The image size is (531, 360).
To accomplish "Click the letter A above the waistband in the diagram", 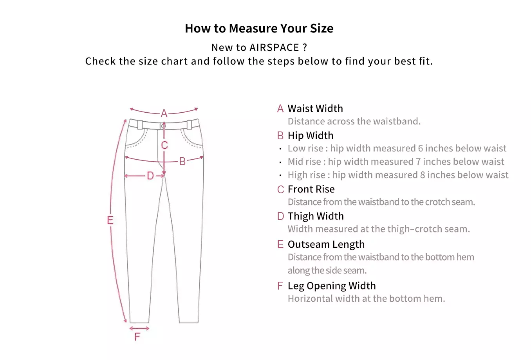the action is coord(164,113).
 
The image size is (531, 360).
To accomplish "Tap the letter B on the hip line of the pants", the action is coord(182,162).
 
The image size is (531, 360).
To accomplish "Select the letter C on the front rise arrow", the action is coord(164,145).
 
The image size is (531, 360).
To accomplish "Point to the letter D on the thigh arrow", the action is coord(150,176).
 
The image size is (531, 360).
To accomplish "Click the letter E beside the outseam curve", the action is coord(110,220).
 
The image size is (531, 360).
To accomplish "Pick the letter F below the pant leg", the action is coord(137,337).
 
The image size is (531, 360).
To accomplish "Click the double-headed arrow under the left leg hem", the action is coord(139,329).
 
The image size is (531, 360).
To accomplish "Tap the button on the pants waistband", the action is coord(164,126).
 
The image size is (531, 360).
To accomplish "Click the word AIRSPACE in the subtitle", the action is coord(274,47).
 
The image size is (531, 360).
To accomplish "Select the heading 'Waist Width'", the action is coord(315,108).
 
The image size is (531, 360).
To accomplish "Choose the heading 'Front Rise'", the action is coord(311,189).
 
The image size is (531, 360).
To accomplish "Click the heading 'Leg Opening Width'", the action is coord(332,286).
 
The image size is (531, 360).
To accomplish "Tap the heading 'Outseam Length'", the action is coord(326,245).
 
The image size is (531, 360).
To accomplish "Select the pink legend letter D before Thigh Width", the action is coord(280,216).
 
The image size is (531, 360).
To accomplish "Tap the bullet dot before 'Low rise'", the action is coord(280,149).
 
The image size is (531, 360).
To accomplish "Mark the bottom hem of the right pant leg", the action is coord(189,322).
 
